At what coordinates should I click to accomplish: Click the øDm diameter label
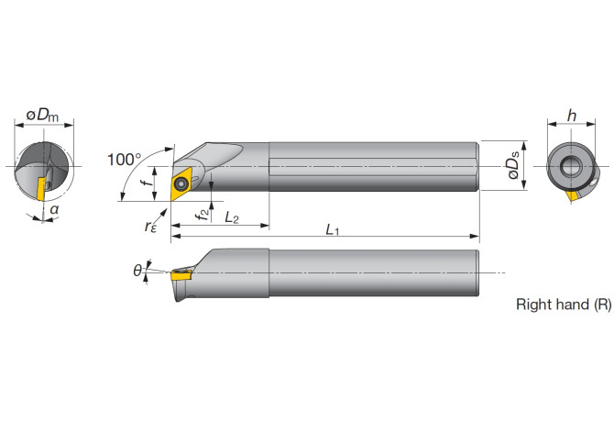pyautogui.click(x=43, y=115)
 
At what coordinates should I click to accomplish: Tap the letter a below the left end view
pyautogui.click(x=54, y=210)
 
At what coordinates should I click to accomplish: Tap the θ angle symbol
pyautogui.click(x=137, y=270)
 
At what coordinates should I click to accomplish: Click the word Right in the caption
pyautogui.click(x=533, y=304)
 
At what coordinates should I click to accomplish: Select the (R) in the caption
pyautogui.click(x=600, y=304)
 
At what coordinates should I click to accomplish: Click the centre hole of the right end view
pyautogui.click(x=569, y=166)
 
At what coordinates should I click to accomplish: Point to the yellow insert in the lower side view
pyautogui.click(x=180, y=272)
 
